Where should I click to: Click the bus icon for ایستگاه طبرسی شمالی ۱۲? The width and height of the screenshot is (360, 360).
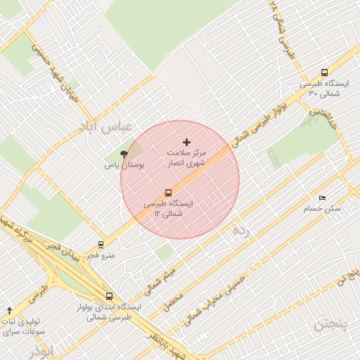click(x=168, y=193)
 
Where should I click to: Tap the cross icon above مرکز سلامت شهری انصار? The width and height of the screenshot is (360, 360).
click(x=186, y=142)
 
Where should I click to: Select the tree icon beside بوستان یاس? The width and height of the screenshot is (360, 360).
click(x=124, y=154)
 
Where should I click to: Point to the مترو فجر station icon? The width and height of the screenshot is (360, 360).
click(x=101, y=245)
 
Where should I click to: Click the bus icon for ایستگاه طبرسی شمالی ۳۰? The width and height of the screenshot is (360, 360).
click(x=323, y=72)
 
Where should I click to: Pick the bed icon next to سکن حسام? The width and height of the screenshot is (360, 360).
click(x=322, y=198)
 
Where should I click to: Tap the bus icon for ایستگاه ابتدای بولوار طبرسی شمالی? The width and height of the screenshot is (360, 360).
click(x=108, y=296)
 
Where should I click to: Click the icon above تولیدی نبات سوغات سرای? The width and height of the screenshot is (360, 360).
click(x=9, y=310)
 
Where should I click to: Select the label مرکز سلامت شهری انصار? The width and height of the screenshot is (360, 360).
click(x=186, y=157)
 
